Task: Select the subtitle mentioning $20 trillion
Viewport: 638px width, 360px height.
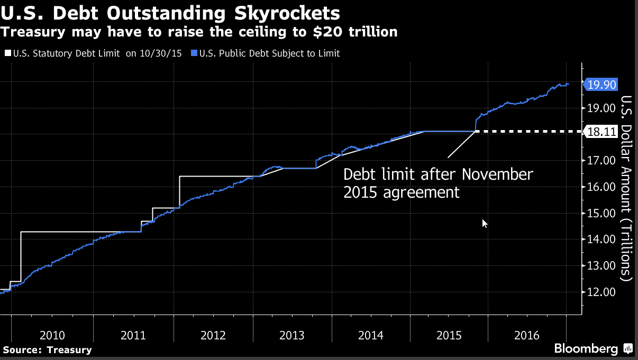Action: point(199,32)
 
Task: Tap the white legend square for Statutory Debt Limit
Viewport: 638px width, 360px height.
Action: point(7,53)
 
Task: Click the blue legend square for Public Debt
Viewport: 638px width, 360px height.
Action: point(195,53)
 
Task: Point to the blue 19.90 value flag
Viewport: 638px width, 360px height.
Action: point(601,84)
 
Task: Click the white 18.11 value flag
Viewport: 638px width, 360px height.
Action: point(601,132)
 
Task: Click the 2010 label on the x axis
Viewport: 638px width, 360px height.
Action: point(52,335)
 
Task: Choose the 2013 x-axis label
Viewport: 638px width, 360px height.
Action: point(291,335)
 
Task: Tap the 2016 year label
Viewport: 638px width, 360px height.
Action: point(526,335)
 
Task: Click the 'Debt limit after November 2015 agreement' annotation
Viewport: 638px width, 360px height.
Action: point(438,183)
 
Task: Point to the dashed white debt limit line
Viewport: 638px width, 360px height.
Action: point(529,131)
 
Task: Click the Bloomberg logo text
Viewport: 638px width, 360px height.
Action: point(586,349)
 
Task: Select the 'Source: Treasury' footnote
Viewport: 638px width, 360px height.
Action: point(47,349)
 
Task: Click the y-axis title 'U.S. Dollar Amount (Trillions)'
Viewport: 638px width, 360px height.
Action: point(626,188)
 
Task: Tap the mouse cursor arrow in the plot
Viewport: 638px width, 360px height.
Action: point(484,223)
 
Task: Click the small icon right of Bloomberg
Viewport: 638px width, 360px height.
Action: point(628,349)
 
